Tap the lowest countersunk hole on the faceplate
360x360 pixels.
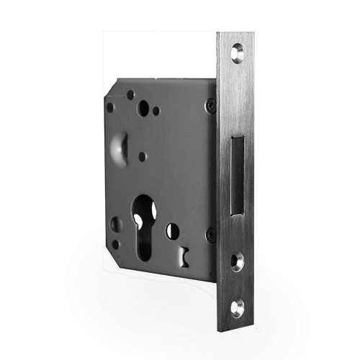[237, 307]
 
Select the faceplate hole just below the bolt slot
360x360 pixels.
[237, 260]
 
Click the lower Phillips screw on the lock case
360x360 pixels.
[210, 234]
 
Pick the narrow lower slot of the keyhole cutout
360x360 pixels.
[143, 241]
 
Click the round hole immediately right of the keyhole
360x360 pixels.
[172, 231]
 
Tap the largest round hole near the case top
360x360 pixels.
[143, 109]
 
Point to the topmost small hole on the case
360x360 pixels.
[130, 94]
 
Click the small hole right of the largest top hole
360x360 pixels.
[156, 111]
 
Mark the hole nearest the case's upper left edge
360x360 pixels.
[110, 107]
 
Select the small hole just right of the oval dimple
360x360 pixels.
[142, 156]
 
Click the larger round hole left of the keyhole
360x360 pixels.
[116, 224]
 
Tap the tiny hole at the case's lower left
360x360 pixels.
[115, 244]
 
